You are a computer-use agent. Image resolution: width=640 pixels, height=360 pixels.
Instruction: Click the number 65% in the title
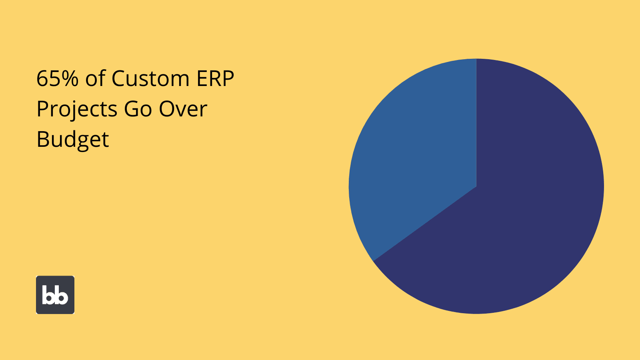pos(58,78)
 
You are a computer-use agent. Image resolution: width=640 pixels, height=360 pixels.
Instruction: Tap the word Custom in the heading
pos(150,78)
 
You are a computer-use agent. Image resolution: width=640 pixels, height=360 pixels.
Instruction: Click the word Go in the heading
pos(138,109)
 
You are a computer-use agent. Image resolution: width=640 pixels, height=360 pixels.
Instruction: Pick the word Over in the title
pos(183,109)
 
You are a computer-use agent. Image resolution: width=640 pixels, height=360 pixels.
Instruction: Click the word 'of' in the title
pos(96,78)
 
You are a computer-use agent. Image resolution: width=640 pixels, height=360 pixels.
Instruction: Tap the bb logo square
pos(55,295)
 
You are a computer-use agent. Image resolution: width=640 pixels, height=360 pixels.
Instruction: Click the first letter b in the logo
pos(48,295)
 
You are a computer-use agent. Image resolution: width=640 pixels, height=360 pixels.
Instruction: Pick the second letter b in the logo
pos(62,295)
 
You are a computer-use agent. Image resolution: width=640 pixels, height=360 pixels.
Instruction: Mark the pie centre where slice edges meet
pos(476,186)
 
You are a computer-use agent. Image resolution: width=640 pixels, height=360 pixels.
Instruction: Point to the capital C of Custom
pos(118,78)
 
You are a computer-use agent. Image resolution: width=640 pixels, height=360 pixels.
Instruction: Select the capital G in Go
pos(132,109)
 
